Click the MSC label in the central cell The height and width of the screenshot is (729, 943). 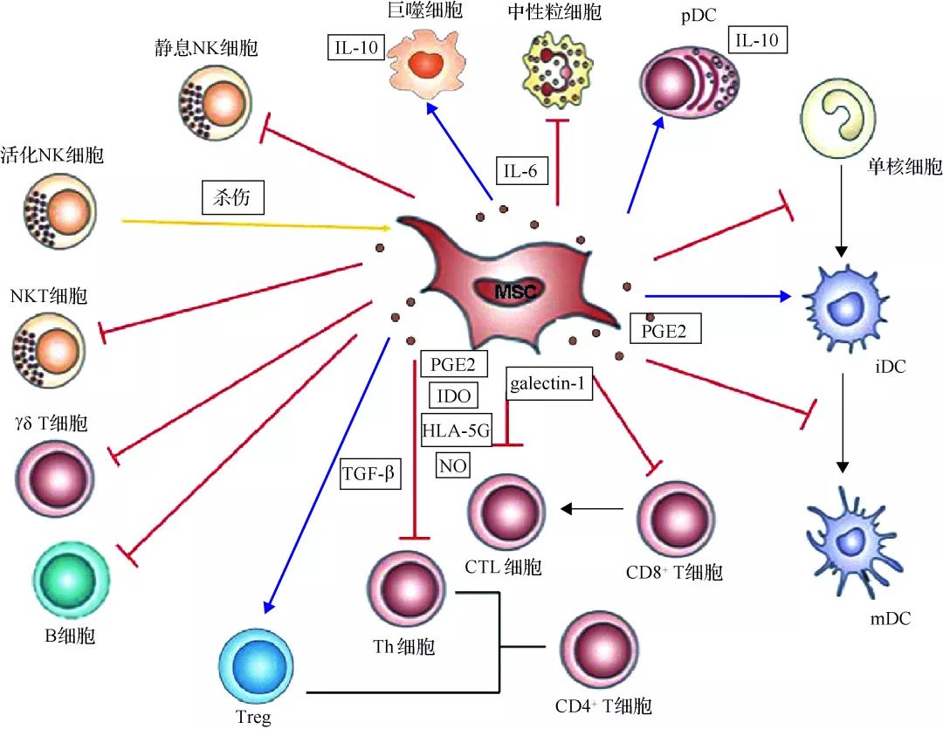[517, 292]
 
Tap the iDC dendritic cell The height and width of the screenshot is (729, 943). [846, 307]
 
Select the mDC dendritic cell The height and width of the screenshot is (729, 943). [853, 541]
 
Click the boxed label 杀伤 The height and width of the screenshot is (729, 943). [233, 197]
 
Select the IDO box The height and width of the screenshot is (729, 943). [454, 395]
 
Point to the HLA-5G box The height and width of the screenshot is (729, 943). [456, 430]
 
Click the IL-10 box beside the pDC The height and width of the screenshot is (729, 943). [757, 40]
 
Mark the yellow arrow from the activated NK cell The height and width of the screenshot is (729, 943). [258, 224]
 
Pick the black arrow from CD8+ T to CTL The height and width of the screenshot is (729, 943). [592, 510]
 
